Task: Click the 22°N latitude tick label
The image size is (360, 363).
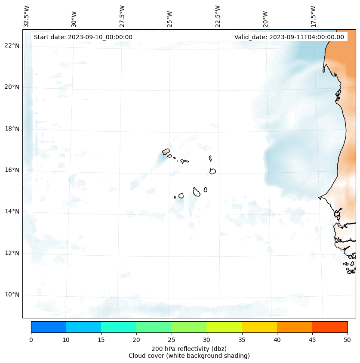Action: [x=12, y=46]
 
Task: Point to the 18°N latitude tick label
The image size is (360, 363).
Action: [x=12, y=129]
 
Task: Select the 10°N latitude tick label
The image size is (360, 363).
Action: [x=12, y=295]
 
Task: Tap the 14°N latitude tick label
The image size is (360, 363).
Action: [x=12, y=211]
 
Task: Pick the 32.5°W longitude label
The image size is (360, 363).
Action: [x=27, y=16]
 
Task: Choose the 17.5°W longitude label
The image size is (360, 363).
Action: [x=314, y=16]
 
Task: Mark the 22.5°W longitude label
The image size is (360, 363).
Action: [x=218, y=16]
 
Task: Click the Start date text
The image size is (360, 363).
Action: [x=83, y=37]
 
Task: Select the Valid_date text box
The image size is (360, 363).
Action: [x=289, y=37]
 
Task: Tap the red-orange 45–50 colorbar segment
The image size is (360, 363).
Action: [x=330, y=327]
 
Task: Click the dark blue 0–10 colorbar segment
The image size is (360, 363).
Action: [x=48, y=327]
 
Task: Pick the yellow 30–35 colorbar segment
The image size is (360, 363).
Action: [x=224, y=327]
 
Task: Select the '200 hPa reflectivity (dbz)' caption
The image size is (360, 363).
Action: [x=189, y=348]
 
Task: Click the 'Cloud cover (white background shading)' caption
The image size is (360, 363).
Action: [x=189, y=356]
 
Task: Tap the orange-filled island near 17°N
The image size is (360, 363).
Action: [x=166, y=152]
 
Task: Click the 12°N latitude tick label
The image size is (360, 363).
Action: [x=12, y=253]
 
